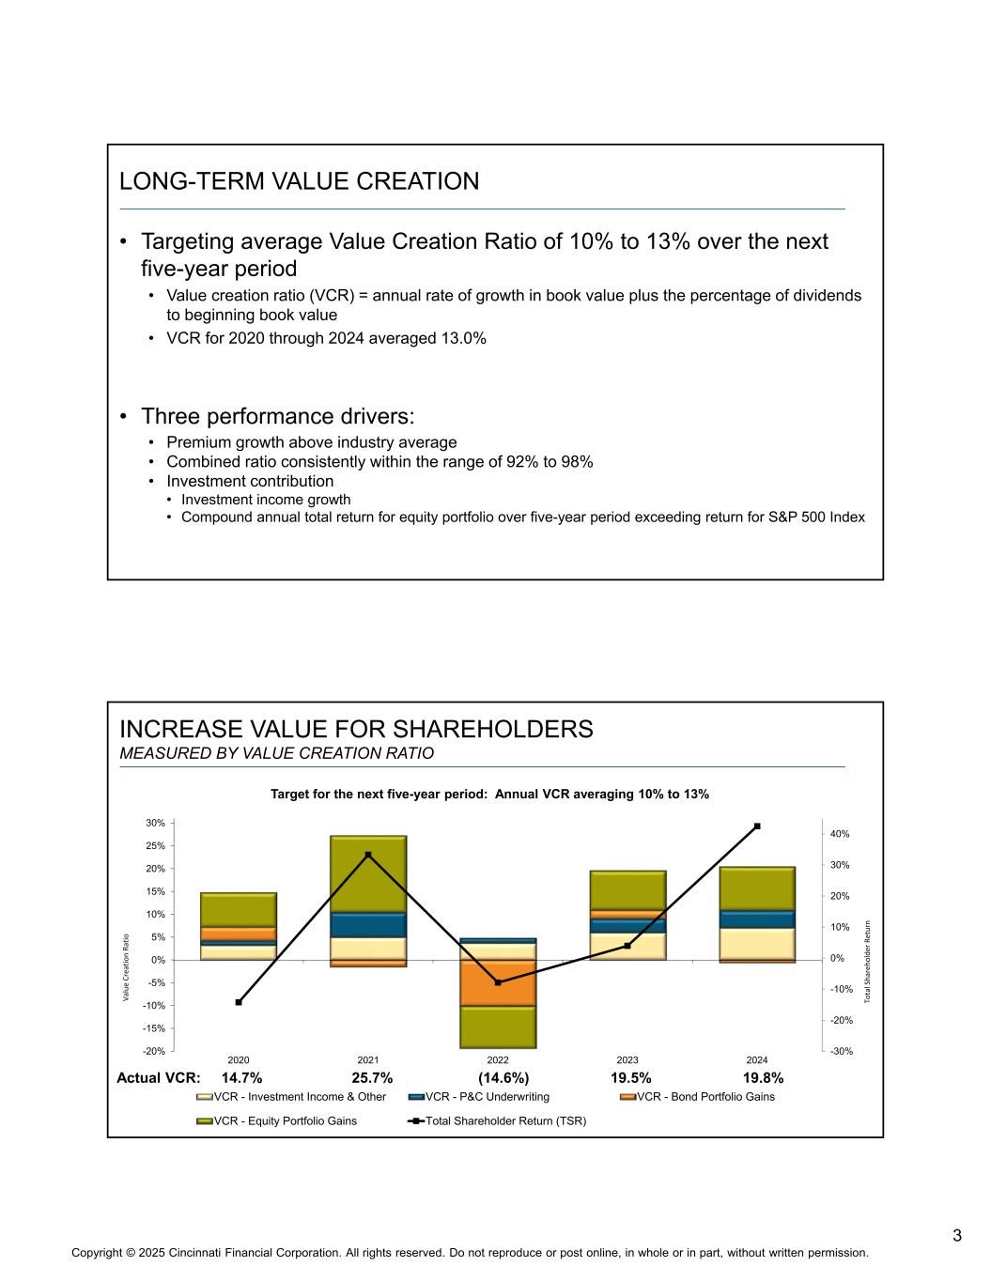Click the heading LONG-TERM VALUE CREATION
[299, 181]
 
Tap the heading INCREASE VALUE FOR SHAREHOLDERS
[356, 729]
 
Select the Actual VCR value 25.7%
[372, 1077]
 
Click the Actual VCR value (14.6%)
[503, 1077]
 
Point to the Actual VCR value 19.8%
[763, 1077]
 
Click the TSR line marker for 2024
[757, 826]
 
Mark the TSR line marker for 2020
[239, 1002]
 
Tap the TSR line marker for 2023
[627, 946]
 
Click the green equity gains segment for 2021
[368, 873]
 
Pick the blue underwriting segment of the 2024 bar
[757, 919]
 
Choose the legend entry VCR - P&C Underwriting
[487, 1097]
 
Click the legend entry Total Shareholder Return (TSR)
[505, 1120]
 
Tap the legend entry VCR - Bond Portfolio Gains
[705, 1097]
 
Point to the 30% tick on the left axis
[155, 823]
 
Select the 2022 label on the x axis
[498, 1060]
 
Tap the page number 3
[957, 1235]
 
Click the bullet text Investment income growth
[265, 500]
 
